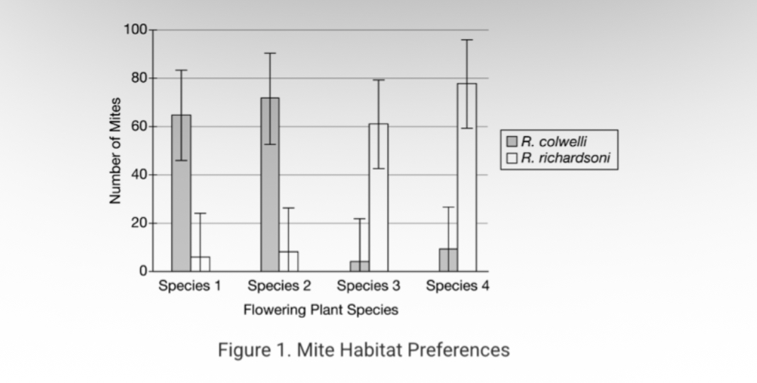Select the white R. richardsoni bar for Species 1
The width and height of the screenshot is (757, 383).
pos(200,264)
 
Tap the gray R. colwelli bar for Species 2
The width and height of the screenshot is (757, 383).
pos(270,184)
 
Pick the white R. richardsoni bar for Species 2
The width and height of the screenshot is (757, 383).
pos(289,261)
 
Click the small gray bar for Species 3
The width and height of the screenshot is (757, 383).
pos(359,266)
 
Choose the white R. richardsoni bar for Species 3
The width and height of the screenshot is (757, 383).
pos(378,198)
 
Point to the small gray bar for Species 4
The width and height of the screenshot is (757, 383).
pos(449,260)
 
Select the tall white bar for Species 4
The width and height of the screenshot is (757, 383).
pos(467,177)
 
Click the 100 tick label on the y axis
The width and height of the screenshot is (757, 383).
pos(134,30)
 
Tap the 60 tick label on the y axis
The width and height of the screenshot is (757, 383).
pos(137,127)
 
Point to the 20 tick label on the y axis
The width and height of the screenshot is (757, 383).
pos(137,223)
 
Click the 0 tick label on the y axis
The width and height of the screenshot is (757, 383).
pos(142,271)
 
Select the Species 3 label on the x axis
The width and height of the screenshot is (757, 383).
pos(368,286)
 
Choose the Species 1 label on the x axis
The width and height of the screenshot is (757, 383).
pos(190,286)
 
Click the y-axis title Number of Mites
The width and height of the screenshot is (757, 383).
pos(115,150)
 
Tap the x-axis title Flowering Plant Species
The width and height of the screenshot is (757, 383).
pos(320,309)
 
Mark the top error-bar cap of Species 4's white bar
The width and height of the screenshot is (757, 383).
pos(467,40)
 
